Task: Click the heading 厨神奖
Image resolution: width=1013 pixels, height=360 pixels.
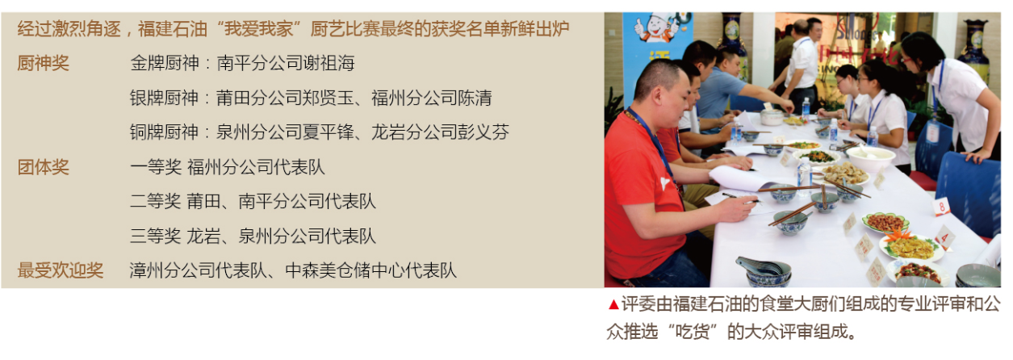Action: pos(43,63)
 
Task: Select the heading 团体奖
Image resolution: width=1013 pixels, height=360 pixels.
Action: pos(43,167)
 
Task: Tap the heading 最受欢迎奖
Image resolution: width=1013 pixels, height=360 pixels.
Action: pos(61,270)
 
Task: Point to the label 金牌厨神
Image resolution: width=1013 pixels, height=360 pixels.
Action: pos(164,63)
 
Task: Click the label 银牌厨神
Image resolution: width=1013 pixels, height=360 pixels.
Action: pos(164,98)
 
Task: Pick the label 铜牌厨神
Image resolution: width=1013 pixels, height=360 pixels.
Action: pos(164,132)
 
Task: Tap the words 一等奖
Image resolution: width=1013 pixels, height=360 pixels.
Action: pos(156,167)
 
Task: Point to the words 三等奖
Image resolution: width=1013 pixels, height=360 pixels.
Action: pos(156,236)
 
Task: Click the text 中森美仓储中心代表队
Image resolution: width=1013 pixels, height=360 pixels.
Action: pos(370,270)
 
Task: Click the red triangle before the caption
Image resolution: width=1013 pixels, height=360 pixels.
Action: pos(613,305)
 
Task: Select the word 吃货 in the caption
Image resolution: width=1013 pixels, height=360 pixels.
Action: pos(692,333)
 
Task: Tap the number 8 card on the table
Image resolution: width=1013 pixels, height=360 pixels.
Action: pos(942,207)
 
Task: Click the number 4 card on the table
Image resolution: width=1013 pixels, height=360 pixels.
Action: pos(944,238)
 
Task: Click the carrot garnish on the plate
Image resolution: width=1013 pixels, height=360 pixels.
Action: pos(898,234)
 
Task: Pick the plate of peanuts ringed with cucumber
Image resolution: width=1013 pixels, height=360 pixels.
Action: pos(885,223)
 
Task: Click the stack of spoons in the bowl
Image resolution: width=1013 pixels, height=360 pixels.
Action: pos(760,266)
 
